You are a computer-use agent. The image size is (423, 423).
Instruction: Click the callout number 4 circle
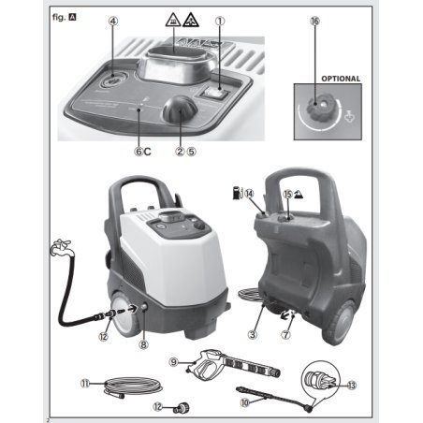pos(113,22)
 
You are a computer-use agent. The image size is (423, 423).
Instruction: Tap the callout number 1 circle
pos(220,22)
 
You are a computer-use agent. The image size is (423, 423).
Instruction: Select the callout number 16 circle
pos(315,22)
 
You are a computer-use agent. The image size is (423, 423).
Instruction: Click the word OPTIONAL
pos(341,79)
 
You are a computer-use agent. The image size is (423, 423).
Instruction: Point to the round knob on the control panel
pos(180,109)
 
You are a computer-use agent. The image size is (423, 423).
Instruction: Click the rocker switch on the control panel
pos(215,93)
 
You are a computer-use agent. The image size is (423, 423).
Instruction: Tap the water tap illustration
pos(62,247)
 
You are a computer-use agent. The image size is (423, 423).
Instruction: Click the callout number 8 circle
pos(143,344)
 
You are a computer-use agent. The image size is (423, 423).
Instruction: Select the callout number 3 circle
pos(253,335)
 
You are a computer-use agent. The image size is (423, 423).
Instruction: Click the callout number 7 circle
pos(285,335)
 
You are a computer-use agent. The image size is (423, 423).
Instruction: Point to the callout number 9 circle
pos(173,362)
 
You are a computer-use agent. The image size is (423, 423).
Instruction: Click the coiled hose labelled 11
pos(134,387)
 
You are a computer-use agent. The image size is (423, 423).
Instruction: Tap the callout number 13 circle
pos(352,386)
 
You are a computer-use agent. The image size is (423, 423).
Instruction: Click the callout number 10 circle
pos(245,402)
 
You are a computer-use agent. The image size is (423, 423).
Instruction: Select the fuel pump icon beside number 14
pos(238,193)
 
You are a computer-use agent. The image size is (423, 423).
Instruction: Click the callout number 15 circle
pos(287,195)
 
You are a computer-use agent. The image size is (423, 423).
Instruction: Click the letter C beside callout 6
pos(148,152)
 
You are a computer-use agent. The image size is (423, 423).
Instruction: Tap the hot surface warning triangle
pos(172,20)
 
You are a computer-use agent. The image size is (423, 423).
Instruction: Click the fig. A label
pos(64,17)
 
